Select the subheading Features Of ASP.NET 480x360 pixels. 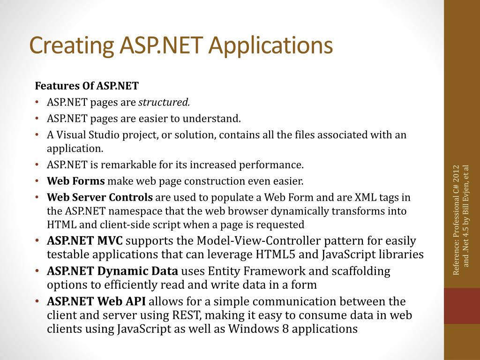87,86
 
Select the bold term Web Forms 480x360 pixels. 76,181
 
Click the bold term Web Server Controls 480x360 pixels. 100,197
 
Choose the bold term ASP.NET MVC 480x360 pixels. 85,241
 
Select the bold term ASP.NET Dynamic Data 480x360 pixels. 112,271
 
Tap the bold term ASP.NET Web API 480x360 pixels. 96,301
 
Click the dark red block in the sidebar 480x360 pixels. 462,306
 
